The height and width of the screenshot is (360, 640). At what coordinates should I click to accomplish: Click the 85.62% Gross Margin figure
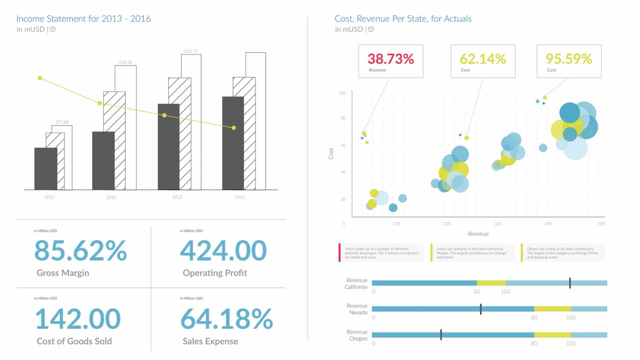click(80, 251)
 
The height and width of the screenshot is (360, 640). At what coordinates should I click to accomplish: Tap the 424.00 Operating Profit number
click(223, 251)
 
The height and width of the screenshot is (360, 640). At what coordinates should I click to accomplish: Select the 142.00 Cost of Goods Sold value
click(78, 319)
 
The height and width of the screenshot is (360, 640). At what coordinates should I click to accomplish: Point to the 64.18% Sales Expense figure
click(226, 319)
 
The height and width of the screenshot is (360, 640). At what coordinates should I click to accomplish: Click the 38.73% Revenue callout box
click(390, 61)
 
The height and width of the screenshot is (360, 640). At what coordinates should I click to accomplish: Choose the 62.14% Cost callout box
click(483, 61)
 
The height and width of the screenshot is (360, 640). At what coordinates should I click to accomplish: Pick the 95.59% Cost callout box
click(569, 61)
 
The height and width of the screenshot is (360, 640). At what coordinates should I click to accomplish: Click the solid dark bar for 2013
click(46, 169)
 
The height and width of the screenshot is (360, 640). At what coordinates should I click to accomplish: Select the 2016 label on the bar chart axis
click(240, 197)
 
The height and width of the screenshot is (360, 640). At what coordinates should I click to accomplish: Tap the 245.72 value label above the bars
click(191, 51)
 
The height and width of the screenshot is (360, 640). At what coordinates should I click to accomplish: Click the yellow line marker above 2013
click(40, 78)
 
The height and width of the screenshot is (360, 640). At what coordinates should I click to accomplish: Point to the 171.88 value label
click(62, 122)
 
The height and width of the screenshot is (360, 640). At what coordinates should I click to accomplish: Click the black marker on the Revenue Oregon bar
click(441, 335)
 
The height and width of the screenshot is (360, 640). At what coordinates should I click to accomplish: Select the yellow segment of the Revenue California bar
click(491, 283)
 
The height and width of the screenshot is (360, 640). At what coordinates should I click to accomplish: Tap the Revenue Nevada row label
click(357, 309)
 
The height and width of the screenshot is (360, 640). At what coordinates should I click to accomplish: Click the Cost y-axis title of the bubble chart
click(331, 154)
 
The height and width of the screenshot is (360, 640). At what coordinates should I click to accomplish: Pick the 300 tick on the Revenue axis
click(498, 224)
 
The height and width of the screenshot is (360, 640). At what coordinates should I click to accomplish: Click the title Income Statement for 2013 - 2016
click(83, 19)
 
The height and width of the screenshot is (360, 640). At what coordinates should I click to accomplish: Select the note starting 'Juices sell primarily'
click(472, 253)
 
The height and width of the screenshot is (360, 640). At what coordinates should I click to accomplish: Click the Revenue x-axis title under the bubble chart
click(478, 234)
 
